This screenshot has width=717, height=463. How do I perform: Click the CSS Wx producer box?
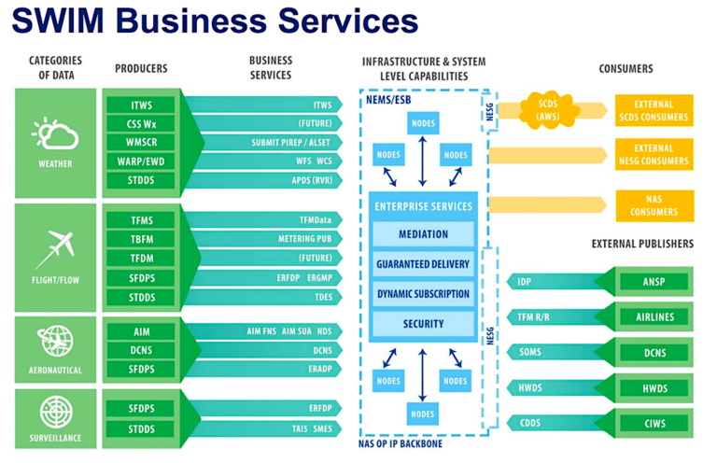pos(141,124)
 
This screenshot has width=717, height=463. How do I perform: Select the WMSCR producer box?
pos(141,143)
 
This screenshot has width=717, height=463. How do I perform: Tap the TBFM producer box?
pos(141,238)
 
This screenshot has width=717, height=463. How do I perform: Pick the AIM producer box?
pos(141,332)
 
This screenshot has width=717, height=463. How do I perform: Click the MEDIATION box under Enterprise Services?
pos(423,234)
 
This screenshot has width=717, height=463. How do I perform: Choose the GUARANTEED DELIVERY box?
pos(423,264)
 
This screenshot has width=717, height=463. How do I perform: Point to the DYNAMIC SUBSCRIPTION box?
pos(423,294)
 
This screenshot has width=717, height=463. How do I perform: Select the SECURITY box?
pos(423,324)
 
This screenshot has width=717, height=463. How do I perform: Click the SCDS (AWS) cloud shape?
pos(547,110)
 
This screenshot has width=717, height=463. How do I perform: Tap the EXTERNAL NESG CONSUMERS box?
pos(654,155)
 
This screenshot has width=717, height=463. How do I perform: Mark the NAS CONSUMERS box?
pos(654,205)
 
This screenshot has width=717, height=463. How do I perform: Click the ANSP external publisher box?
pos(654,281)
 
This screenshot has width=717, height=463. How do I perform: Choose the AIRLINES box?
pos(654,316)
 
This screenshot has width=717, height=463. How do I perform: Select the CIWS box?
pos(654,423)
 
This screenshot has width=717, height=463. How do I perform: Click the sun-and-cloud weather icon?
pos(55,134)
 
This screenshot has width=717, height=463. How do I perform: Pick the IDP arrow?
pos(551,281)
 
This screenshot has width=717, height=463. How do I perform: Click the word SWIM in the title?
pos(64,20)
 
